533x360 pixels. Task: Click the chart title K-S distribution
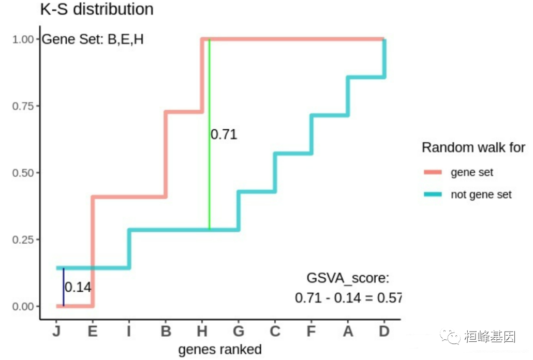tap(97, 9)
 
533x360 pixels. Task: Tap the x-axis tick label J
tap(56, 331)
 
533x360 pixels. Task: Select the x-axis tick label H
tap(202, 331)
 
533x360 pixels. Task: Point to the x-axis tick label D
tap(383, 331)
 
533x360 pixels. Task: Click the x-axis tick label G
tap(239, 331)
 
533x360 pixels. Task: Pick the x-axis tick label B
tap(166, 331)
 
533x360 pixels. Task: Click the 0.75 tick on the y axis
tap(23, 106)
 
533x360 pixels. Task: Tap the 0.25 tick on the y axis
tap(23, 239)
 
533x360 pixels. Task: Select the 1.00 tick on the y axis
tap(23, 39)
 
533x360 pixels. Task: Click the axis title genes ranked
tap(220, 350)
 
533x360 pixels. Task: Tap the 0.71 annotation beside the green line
tap(224, 135)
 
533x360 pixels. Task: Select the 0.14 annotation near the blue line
tap(78, 288)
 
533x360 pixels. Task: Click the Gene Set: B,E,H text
tap(92, 40)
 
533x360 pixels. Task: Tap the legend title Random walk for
tap(473, 147)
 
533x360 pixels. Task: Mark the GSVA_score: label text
tap(347, 278)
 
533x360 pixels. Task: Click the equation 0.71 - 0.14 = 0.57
tap(348, 298)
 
